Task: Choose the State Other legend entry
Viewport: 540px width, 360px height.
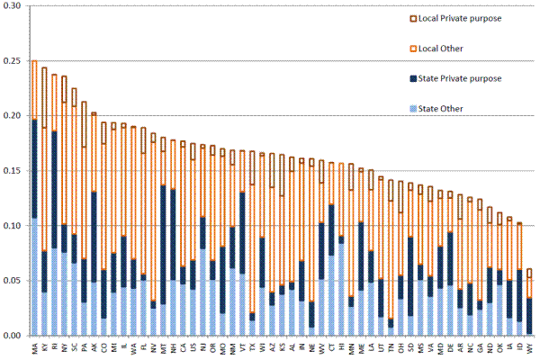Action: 422,109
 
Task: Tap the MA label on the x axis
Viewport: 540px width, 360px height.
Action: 35,346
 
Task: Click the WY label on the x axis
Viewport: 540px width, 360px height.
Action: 529,346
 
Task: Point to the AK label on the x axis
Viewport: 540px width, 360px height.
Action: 94,346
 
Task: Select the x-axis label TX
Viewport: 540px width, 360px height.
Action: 253,346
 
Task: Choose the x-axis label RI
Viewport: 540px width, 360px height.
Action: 55,346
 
